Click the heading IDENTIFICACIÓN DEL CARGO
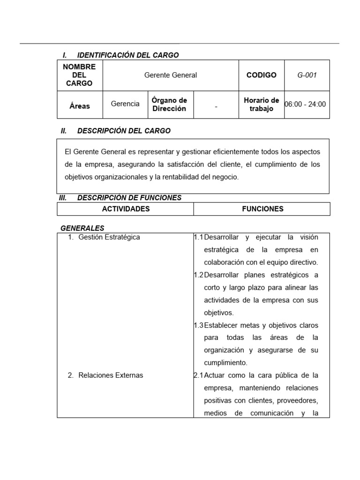click(x=127, y=55)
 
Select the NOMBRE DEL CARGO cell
click(x=79, y=75)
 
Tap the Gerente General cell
click(x=171, y=75)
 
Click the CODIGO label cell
click(x=261, y=75)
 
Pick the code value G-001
click(x=307, y=75)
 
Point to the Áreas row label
click(x=79, y=106)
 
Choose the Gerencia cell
click(x=125, y=104)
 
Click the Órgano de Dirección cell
click(x=169, y=105)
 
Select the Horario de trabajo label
click(x=262, y=105)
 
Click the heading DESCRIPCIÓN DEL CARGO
click(x=124, y=131)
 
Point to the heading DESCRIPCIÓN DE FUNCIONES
click(x=129, y=198)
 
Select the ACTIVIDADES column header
click(x=126, y=209)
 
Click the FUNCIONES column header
click(x=262, y=209)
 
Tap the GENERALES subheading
click(x=82, y=228)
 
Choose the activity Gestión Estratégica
click(x=109, y=237)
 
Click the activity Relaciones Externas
click(x=111, y=375)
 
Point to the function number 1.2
click(x=198, y=275)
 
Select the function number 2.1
click(x=198, y=375)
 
